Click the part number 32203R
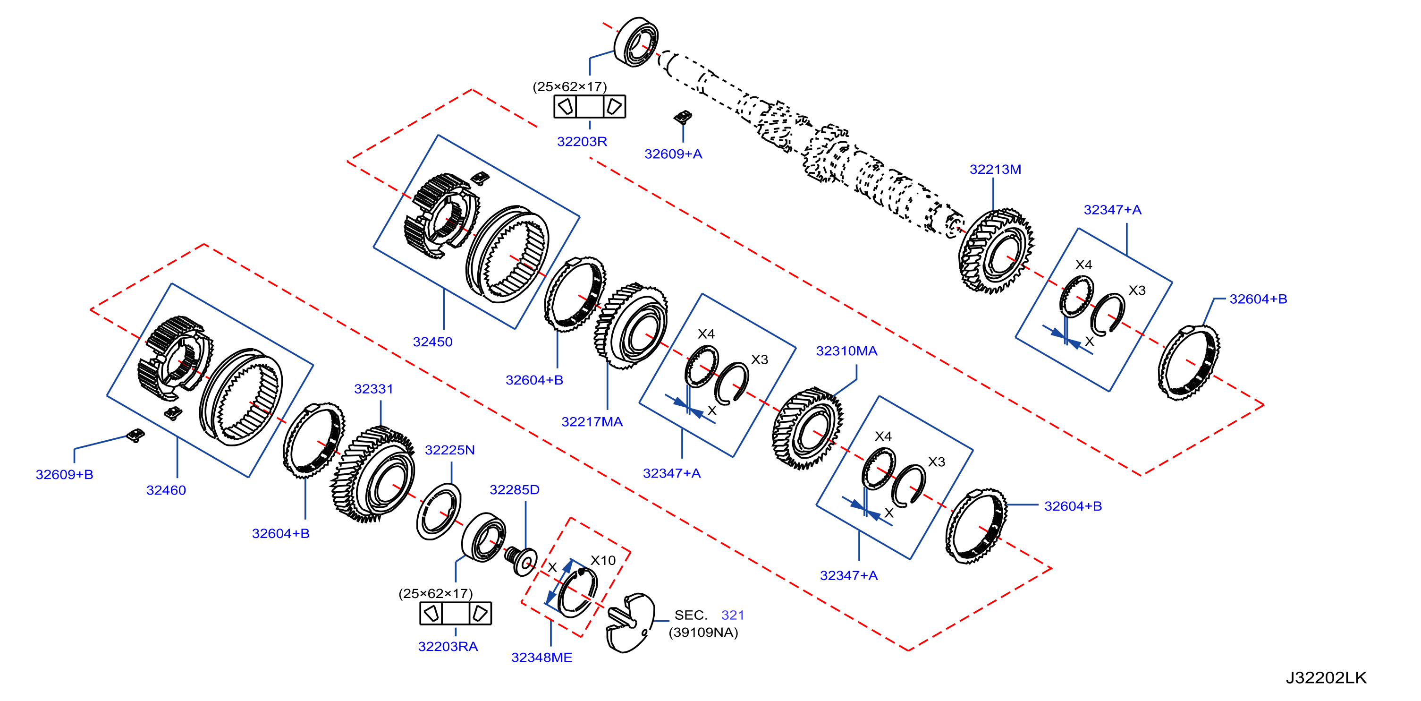click(x=582, y=142)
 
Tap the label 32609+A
click(x=673, y=154)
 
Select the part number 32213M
click(x=995, y=170)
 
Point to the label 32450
click(x=432, y=342)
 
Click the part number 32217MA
click(x=592, y=422)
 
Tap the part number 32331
click(x=373, y=389)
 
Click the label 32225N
click(x=449, y=450)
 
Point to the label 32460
click(x=166, y=490)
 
